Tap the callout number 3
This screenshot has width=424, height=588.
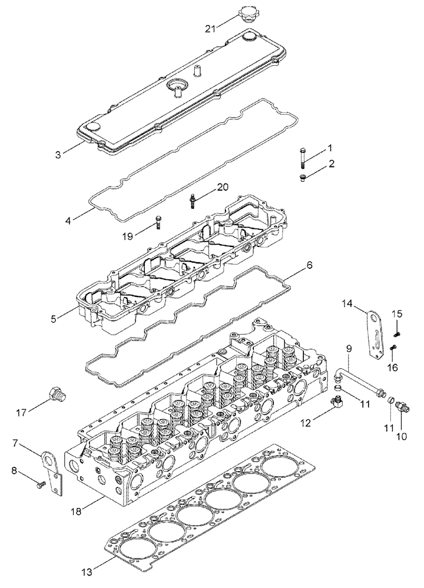58,155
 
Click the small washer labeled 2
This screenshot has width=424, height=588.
303,177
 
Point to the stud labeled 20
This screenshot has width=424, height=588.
193,201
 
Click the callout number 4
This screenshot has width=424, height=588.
69,221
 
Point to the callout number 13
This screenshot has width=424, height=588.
87,570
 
